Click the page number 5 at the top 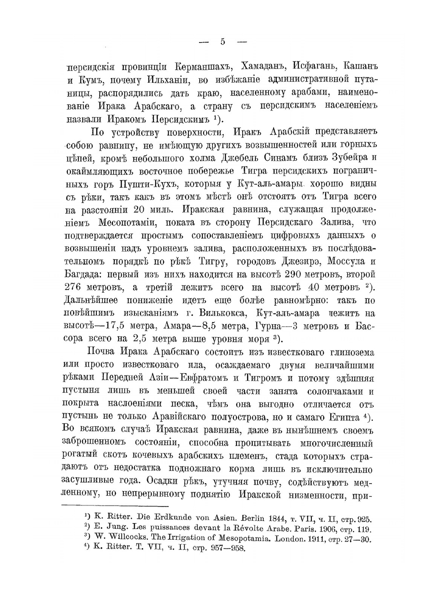point(223,42)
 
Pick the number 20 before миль point(142,210)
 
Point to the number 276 point(74,288)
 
